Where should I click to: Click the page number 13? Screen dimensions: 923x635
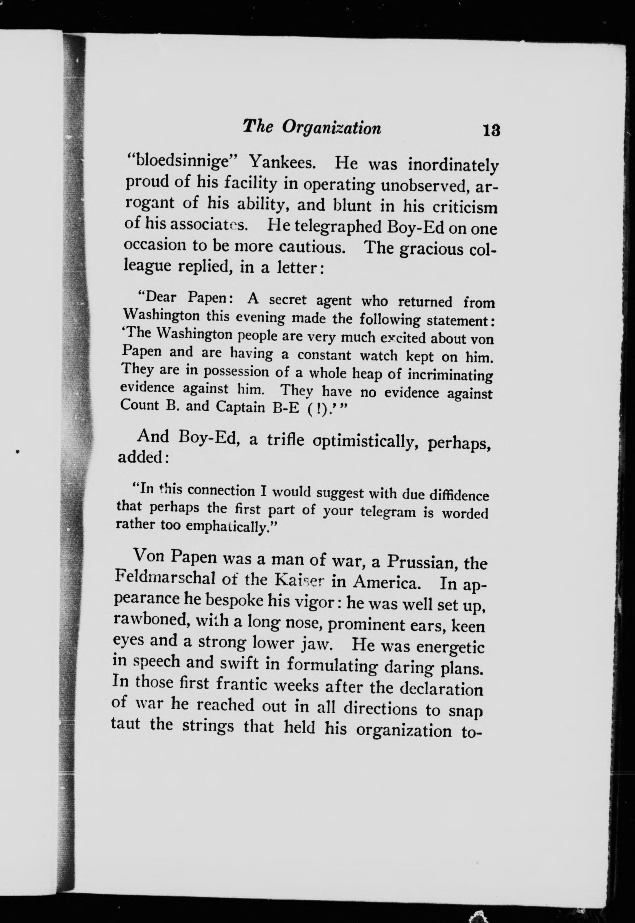click(491, 130)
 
